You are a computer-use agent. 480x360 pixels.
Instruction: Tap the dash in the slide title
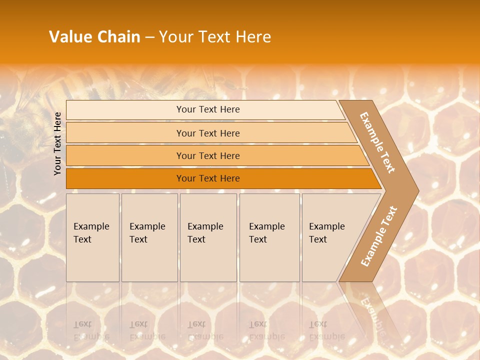point(149,37)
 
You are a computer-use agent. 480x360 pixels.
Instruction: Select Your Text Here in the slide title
point(215,37)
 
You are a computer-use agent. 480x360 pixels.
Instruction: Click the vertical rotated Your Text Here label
point(57,143)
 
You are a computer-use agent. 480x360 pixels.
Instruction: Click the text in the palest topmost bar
point(208,109)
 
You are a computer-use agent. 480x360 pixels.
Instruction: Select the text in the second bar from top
point(208,133)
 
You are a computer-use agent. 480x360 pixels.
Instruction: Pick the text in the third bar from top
point(208,156)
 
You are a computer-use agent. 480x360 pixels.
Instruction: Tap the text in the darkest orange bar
point(208,178)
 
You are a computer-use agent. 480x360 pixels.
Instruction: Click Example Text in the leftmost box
point(91,233)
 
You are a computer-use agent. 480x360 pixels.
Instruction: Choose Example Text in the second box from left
point(147,233)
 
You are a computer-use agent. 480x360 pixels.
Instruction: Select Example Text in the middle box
point(205,233)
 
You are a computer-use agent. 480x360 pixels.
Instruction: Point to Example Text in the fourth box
point(266,233)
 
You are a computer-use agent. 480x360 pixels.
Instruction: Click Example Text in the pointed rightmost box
point(326,233)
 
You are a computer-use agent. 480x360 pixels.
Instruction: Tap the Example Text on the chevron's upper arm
point(377,142)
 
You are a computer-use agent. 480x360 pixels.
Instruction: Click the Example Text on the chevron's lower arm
point(379,236)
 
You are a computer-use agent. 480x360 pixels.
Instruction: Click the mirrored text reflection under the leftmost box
point(91,330)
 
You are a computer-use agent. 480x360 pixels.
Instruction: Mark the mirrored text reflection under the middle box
point(205,330)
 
